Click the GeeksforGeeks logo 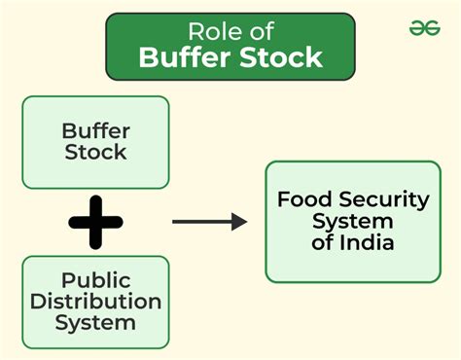[x=424, y=28]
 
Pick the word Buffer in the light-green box [x=95, y=130]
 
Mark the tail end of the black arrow [x=174, y=222]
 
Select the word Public [x=95, y=280]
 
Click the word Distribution [x=95, y=301]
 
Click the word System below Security [x=353, y=222]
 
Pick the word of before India [x=322, y=243]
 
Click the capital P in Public [x=67, y=280]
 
